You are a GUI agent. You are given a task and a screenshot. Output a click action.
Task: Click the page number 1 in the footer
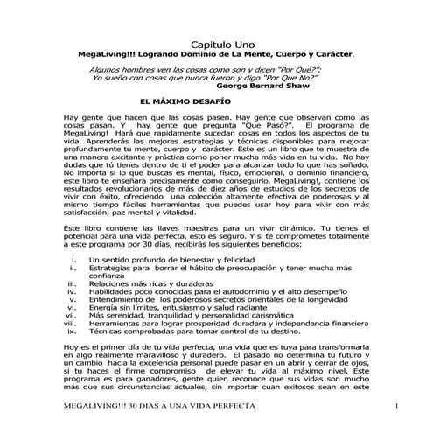396,408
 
